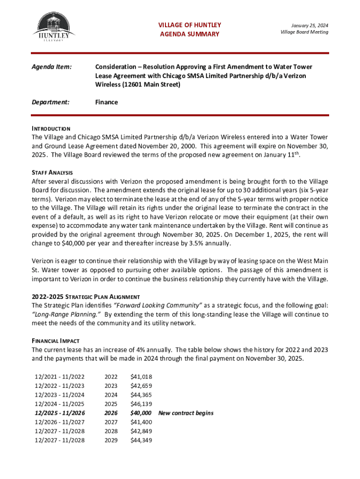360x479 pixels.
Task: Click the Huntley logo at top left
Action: (x=51, y=28)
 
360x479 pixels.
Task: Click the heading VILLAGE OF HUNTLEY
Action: (x=189, y=25)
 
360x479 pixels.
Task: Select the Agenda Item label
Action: (x=51, y=67)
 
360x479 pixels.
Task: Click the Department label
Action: (x=50, y=102)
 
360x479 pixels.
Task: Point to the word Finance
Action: (x=107, y=102)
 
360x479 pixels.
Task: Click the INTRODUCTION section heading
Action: (x=51, y=129)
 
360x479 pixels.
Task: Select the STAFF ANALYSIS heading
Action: (x=52, y=173)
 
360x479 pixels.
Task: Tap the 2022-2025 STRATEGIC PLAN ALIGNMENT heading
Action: (x=86, y=297)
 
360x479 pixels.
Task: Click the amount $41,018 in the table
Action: (x=141, y=377)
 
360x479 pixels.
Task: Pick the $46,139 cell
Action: (x=141, y=404)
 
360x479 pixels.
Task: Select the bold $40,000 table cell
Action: (x=141, y=413)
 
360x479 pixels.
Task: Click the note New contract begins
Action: (x=186, y=413)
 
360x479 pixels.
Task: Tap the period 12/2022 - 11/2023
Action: (x=60, y=386)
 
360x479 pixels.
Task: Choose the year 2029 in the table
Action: (x=111, y=440)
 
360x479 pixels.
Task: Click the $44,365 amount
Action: (x=141, y=395)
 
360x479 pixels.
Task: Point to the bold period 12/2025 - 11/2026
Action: (x=60, y=413)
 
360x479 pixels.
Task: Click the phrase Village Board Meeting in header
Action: (x=304, y=32)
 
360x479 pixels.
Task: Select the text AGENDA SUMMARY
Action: (x=189, y=34)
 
